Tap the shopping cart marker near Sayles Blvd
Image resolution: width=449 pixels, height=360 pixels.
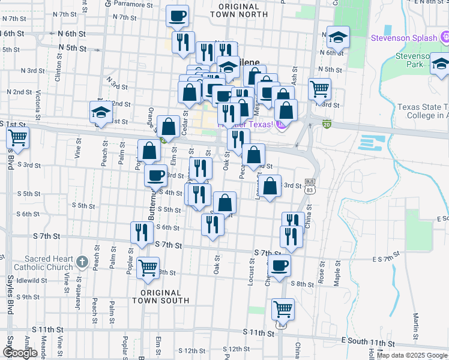[x=17, y=137]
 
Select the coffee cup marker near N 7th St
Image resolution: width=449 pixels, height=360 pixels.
[x=177, y=16]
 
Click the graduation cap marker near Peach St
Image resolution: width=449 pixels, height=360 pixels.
[x=100, y=112]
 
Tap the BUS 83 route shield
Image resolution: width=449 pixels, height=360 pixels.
[x=310, y=185]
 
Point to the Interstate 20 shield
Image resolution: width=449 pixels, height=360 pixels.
[x=327, y=124]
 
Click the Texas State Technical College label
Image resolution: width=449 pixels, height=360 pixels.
[x=423, y=112]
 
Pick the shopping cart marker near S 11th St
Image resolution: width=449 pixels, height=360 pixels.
[x=283, y=310]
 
